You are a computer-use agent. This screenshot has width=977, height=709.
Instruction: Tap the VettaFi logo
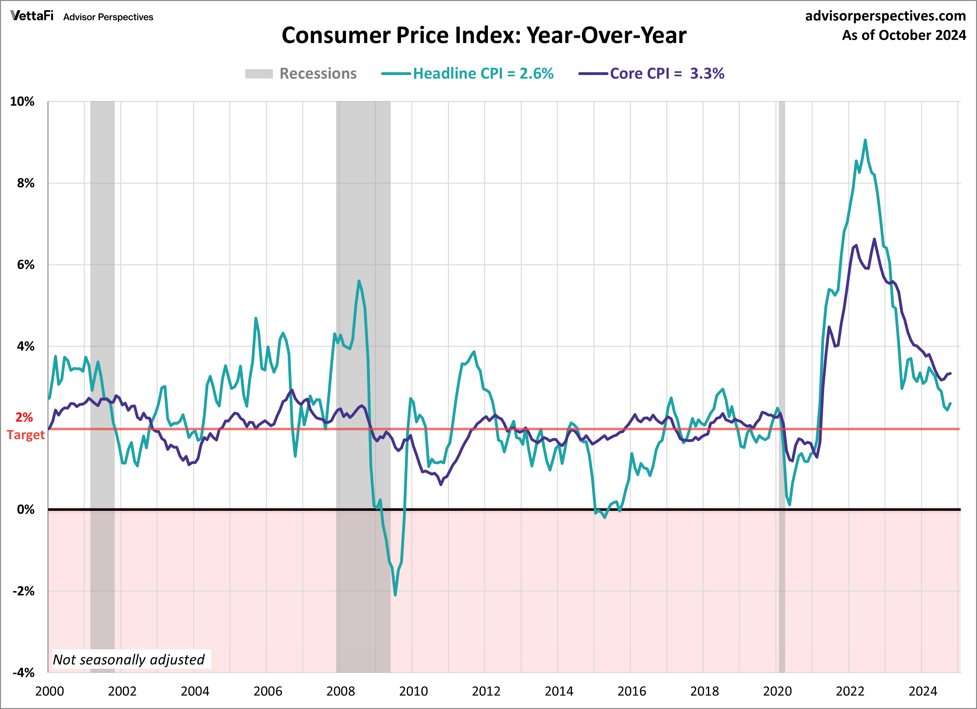32,16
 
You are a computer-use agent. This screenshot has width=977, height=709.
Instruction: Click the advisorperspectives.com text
885,16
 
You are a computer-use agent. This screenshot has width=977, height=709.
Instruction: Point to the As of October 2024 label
904,35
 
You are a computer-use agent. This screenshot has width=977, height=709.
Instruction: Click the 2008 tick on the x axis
340,691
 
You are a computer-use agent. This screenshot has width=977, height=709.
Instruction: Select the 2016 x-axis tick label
632,691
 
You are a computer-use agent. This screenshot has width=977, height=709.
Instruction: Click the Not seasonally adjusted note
128,659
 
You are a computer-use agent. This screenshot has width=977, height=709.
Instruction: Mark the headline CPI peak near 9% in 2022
865,140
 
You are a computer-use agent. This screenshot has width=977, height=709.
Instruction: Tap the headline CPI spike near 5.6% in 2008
359,281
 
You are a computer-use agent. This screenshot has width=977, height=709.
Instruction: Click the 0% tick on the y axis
25,510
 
